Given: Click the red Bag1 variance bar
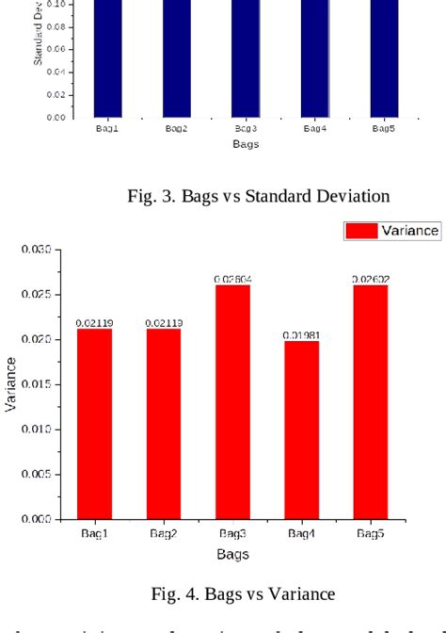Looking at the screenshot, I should pyautogui.click(x=94, y=424).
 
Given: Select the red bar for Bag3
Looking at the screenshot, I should pyautogui.click(x=232, y=401).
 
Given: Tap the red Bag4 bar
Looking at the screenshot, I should pyautogui.click(x=301, y=430).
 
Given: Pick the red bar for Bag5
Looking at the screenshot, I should pyautogui.click(x=371, y=401).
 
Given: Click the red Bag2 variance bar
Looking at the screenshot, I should pyautogui.click(x=164, y=424).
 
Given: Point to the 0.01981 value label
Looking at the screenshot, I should pyautogui.click(x=301, y=335).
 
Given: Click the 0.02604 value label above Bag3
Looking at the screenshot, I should pyautogui.click(x=232, y=279).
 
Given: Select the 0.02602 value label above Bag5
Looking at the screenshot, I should pyautogui.click(x=371, y=279).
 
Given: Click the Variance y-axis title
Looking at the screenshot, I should pyautogui.click(x=10, y=383).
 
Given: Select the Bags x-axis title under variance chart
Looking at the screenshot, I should pyautogui.click(x=232, y=554).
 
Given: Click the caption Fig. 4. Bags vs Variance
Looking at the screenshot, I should pyautogui.click(x=243, y=593).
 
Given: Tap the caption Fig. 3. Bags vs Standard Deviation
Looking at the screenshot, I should pyautogui.click(x=258, y=197).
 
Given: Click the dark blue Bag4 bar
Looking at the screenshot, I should pyautogui.click(x=315, y=57).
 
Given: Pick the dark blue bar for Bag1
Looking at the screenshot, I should pyautogui.click(x=107, y=57).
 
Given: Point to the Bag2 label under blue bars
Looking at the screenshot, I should pyautogui.click(x=176, y=128).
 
